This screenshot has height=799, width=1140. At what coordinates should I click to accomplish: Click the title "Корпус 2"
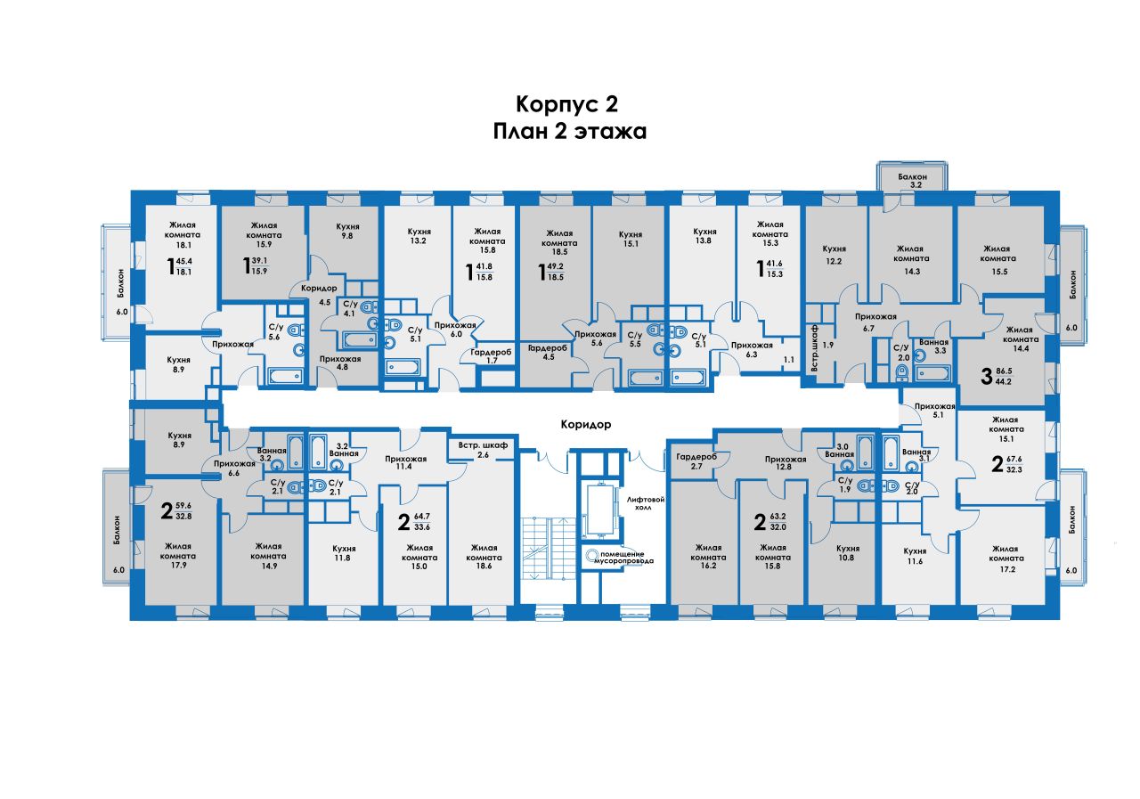pos(566,104)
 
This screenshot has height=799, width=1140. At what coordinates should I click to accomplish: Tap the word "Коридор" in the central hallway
pos(586,424)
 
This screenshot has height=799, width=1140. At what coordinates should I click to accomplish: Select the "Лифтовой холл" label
pos(646,503)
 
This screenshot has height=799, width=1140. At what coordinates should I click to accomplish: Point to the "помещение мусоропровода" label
pos(624,557)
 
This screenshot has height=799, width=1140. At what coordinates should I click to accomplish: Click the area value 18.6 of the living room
pos(484,566)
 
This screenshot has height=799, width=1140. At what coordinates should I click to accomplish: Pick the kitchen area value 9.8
pos(347,236)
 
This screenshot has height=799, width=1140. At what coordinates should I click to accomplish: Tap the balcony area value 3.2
pos(916,184)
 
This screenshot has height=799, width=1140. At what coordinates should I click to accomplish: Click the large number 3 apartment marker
pos(986,376)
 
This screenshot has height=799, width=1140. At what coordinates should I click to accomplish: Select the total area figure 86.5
pos(1004,371)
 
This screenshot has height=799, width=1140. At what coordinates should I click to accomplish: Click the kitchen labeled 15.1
pos(631,239)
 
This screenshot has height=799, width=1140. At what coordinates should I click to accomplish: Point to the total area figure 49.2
pos(555,266)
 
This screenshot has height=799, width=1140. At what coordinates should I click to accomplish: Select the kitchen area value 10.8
pos(846,558)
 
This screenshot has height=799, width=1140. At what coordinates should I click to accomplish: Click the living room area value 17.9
pos(179,565)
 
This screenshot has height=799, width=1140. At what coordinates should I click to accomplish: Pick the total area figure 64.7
pos(422,516)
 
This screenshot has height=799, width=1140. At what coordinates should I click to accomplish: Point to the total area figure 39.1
pos(259,261)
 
